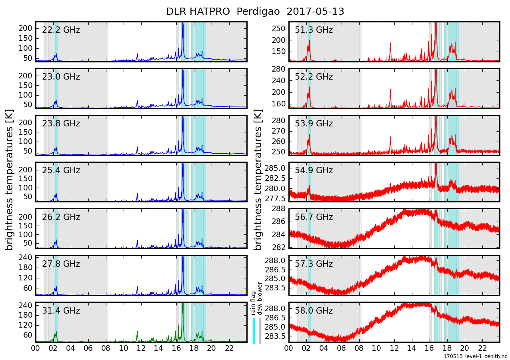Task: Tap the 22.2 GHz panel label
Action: coord(61,30)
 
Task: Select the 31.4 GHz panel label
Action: coord(61,311)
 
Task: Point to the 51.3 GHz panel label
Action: coord(314,30)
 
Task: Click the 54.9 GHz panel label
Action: coord(314,170)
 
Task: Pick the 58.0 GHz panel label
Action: coord(314,311)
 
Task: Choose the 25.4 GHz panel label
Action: coord(61,170)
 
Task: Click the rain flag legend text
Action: coord(253,303)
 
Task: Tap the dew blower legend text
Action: coord(260,298)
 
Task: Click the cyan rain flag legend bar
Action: coord(254,330)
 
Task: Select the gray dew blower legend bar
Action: coord(260,330)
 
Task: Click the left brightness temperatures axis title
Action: coord(10,180)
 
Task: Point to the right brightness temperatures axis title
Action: coord(258,180)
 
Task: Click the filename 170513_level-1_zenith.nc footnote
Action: coord(475,356)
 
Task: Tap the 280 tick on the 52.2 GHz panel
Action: coord(278,69)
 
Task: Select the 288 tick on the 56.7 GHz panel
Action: coord(278,209)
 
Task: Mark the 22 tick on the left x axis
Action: coord(229,348)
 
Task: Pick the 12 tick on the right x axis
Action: coord(394,348)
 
